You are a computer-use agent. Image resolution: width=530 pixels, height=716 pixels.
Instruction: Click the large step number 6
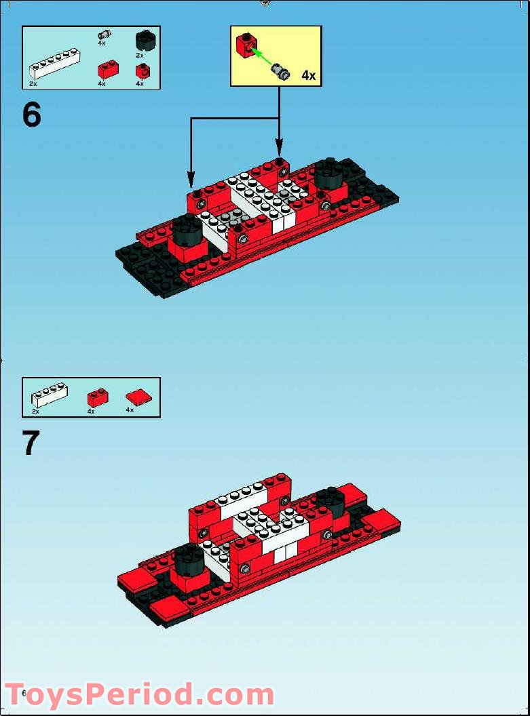[x=32, y=115]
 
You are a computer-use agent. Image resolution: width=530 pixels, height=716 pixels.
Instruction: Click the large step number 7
[x=31, y=443]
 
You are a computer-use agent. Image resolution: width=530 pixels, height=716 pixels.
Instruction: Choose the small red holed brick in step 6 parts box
[x=143, y=70]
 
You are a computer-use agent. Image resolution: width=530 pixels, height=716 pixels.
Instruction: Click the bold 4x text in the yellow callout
[x=309, y=75]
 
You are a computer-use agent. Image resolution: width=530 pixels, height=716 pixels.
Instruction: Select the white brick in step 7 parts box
[x=50, y=395]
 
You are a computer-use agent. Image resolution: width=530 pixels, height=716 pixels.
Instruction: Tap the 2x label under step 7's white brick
[x=35, y=412]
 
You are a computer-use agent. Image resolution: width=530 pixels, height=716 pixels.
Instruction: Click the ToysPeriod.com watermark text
[x=139, y=696]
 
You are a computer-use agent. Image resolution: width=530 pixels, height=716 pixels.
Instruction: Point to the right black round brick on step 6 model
[x=328, y=174]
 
